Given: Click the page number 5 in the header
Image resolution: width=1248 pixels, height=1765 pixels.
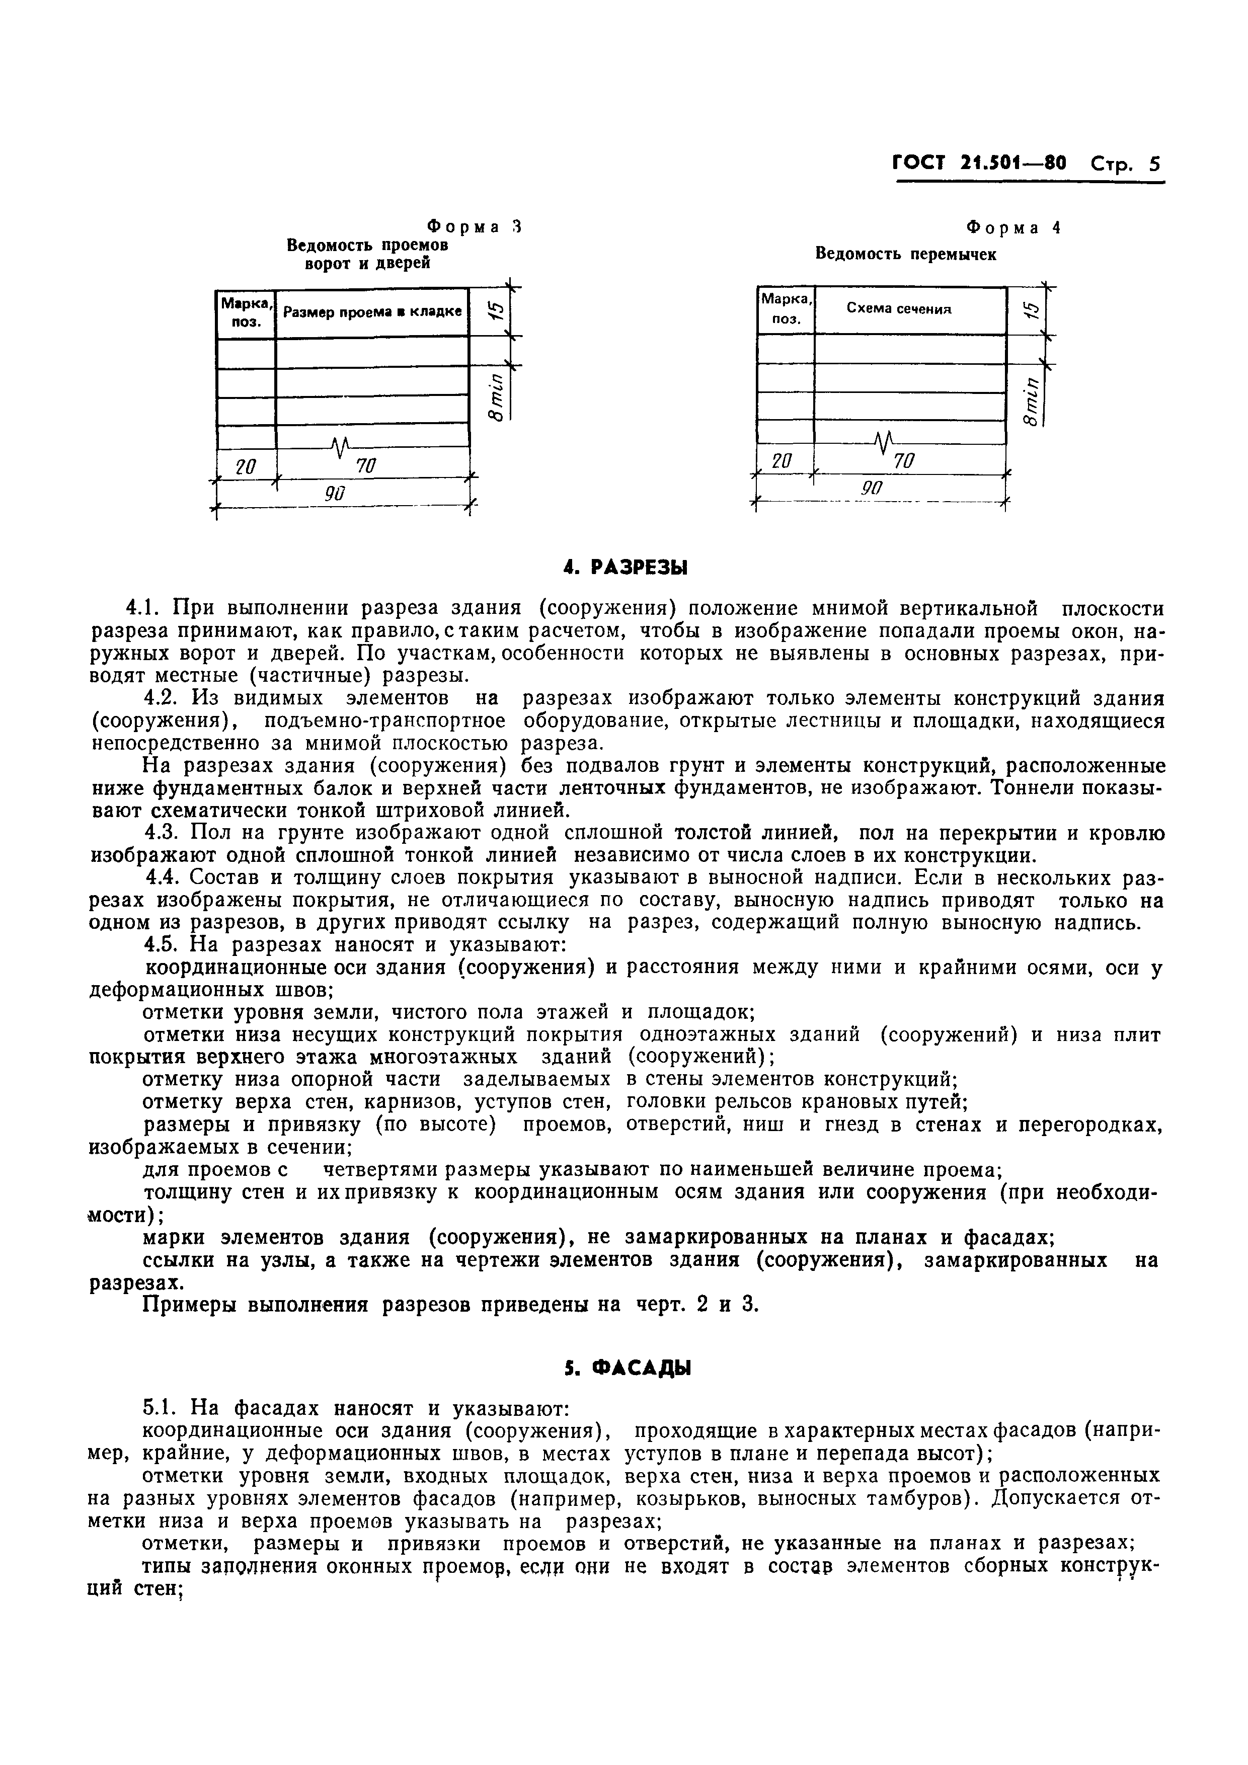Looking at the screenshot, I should tap(1153, 165).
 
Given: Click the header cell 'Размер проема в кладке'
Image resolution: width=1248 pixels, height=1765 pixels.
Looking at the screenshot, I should tap(372, 312).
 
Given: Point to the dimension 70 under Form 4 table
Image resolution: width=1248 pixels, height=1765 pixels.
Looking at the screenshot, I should tap(904, 461).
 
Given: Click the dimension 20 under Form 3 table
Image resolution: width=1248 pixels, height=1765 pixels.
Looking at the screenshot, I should tap(245, 466).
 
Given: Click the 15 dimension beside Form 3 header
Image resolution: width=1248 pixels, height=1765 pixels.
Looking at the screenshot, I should tap(497, 310).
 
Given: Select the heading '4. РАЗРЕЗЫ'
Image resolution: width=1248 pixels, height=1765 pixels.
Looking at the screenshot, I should tap(625, 568).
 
